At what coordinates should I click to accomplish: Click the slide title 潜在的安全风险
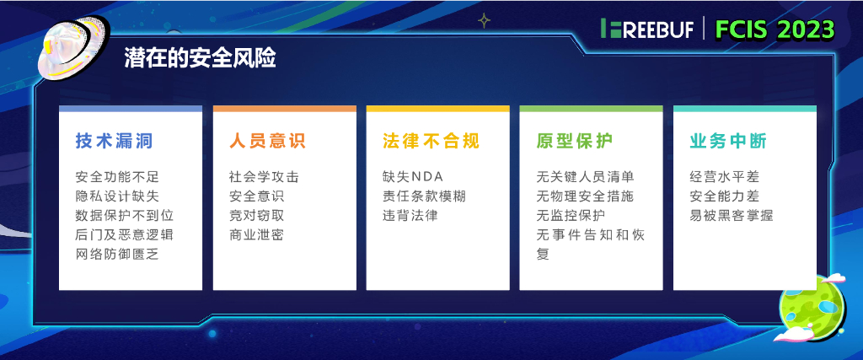[200, 57]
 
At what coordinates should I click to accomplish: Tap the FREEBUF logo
[647, 29]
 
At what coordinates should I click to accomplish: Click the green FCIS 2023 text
[775, 30]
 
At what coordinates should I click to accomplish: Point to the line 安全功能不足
[117, 177]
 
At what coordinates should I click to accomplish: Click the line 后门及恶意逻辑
[125, 234]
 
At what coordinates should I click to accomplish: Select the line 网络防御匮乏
[117, 254]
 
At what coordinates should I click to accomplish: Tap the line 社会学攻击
[264, 177]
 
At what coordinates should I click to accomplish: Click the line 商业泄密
[256, 234]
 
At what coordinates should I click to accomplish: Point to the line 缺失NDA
[413, 177]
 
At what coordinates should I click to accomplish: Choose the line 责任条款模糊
[424, 196]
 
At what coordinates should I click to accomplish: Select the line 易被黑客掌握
[731, 215]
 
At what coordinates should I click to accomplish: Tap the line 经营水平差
[723, 177]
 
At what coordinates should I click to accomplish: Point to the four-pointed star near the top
[484, 19]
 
